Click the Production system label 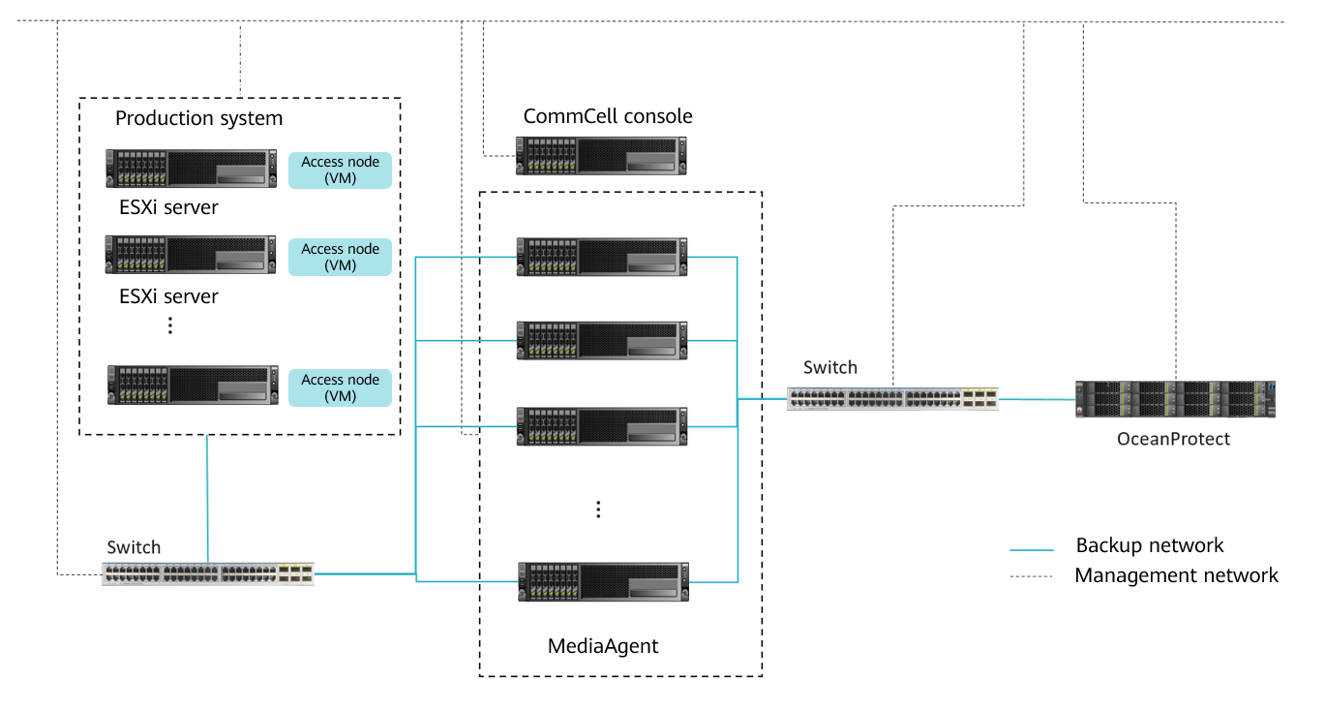click(x=198, y=119)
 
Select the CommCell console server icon click(x=601, y=155)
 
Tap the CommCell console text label click(x=608, y=116)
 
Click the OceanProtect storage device click(x=1175, y=399)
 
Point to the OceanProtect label click(x=1173, y=439)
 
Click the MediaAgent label click(x=603, y=646)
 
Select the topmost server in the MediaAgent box click(x=601, y=257)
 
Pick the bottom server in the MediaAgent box click(x=602, y=581)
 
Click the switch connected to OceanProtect click(x=891, y=399)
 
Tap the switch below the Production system click(x=208, y=573)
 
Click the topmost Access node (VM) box click(x=340, y=170)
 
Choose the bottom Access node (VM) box click(x=340, y=387)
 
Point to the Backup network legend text click(x=1150, y=545)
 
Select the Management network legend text click(x=1176, y=575)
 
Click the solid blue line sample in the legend click(x=1031, y=549)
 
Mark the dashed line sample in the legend click(x=1031, y=577)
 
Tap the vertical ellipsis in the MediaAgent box click(x=598, y=510)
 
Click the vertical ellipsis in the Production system click(x=169, y=326)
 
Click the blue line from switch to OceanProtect click(x=1036, y=399)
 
